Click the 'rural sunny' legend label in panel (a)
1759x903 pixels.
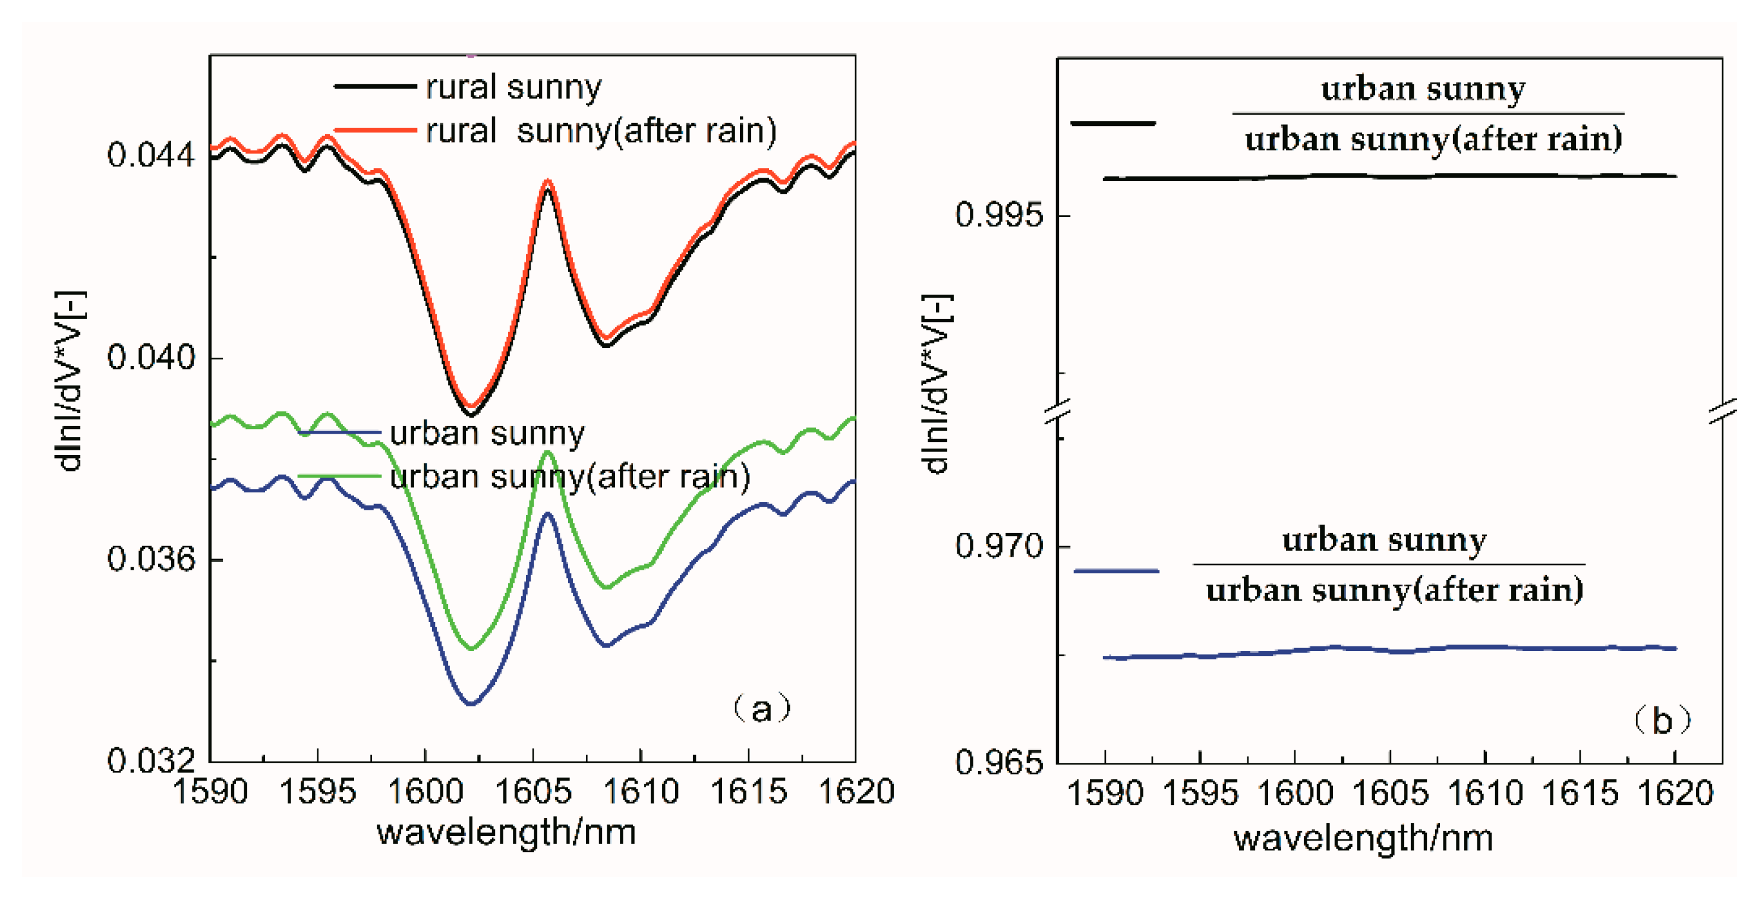(513, 87)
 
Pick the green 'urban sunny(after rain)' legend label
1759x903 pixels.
(569, 476)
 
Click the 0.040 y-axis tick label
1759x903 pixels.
(151, 357)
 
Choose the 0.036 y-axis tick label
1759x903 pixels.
(151, 559)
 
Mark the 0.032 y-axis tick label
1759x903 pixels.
(151, 760)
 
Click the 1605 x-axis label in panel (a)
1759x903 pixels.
(532, 792)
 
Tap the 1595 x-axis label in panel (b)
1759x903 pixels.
(1200, 794)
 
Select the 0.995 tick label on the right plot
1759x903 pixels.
(1000, 215)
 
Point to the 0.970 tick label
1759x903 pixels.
(1000, 546)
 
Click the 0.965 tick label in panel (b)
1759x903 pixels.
(1000, 762)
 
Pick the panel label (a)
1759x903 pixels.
(761, 709)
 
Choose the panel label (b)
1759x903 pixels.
(1662, 720)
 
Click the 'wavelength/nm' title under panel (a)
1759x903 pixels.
(506, 832)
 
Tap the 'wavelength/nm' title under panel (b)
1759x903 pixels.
(1363, 838)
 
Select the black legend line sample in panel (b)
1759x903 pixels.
(1113, 124)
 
